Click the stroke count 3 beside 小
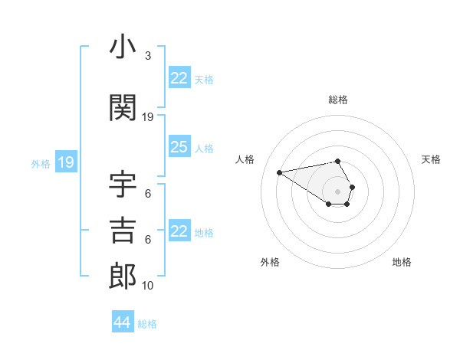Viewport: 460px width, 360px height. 147,56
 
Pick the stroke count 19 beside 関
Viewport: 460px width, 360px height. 148,116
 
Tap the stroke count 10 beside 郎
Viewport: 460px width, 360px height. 148,285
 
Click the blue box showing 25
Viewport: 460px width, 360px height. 179,147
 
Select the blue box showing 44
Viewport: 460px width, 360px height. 122,322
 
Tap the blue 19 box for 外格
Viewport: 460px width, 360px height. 65,162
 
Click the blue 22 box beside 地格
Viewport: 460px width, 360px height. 179,231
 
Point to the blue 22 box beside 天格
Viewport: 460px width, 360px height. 179,78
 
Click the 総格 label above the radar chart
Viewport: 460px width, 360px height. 338,100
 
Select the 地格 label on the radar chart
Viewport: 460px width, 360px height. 402,262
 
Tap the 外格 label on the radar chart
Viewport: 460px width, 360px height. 270,262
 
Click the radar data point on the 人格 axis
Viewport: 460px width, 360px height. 280,172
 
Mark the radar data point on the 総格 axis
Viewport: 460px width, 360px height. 338,161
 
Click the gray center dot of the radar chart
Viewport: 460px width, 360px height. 338,191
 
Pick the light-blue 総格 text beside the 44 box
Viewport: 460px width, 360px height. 147,324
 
